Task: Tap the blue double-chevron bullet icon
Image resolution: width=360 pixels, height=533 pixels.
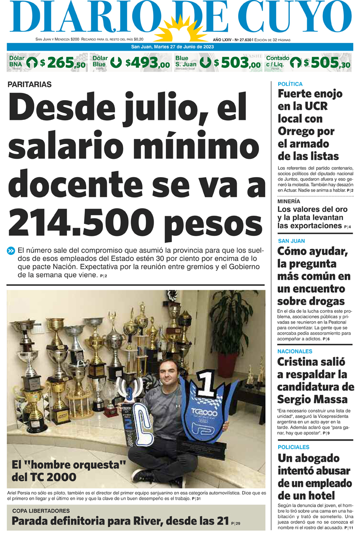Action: [x=11, y=250]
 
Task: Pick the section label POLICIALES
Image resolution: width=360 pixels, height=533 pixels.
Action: [x=293, y=447]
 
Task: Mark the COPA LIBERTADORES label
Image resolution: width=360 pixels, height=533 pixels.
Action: [x=41, y=511]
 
